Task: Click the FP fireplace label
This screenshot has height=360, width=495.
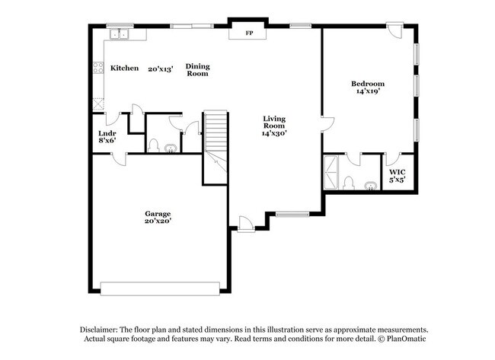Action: [248, 33]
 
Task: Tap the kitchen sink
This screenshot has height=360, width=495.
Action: [120, 33]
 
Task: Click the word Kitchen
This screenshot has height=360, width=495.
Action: [125, 68]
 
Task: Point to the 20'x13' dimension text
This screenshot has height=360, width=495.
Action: [161, 68]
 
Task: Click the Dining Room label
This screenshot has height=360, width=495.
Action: [197, 70]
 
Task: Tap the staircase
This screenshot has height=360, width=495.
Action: [215, 148]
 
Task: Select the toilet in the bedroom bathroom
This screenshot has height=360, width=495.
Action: [347, 183]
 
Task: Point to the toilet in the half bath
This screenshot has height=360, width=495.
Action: [153, 146]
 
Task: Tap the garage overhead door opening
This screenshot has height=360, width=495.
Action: [160, 288]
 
